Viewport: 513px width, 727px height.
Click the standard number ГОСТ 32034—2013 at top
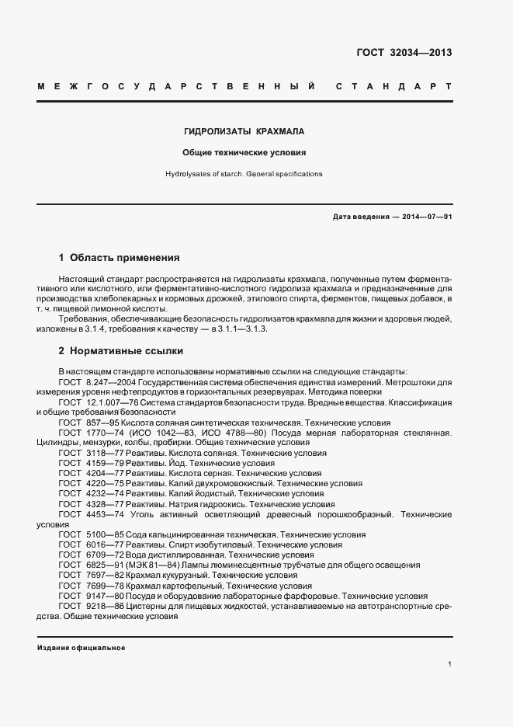click(404, 54)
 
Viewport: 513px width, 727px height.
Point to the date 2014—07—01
click(427, 217)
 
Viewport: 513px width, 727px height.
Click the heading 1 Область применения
click(120, 257)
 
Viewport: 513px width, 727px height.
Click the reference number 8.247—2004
click(111, 382)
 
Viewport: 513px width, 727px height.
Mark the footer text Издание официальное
click(81, 647)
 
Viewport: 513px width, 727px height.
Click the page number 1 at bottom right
click(449, 664)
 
